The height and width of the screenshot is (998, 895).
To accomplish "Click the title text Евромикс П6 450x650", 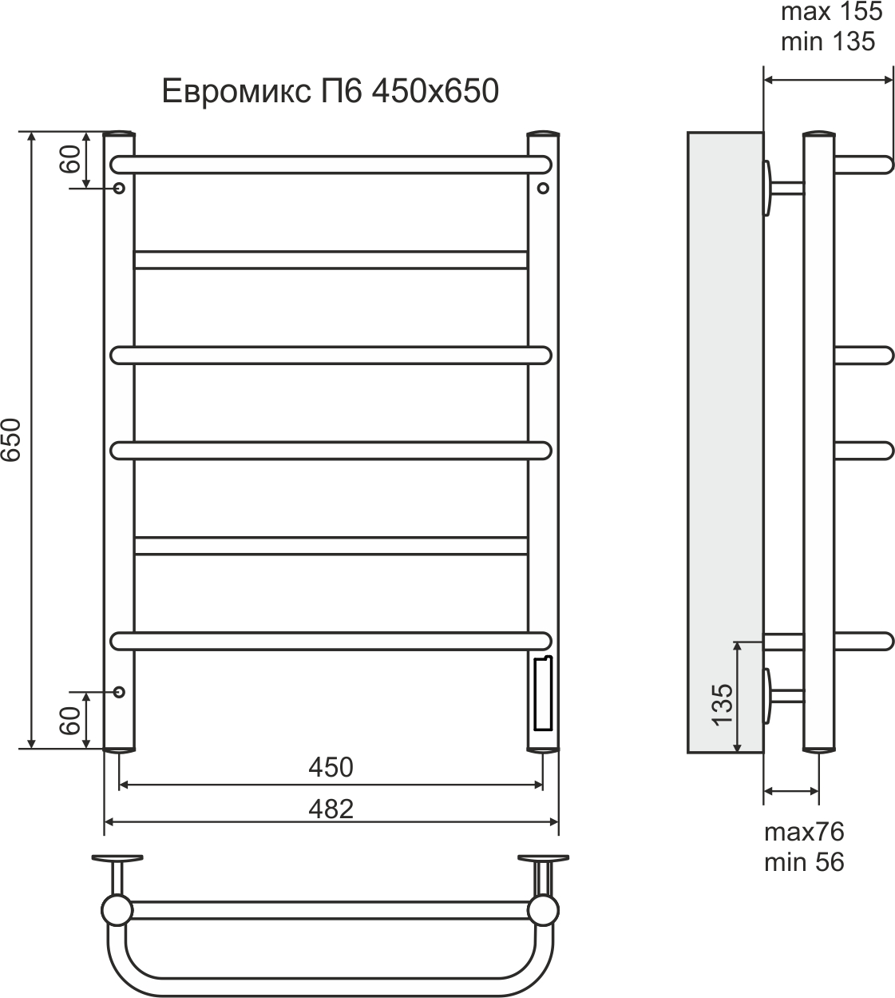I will [x=331, y=91].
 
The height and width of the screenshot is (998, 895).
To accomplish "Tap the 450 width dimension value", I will [x=331, y=767].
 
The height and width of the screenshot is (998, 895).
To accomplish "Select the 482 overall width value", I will [x=331, y=809].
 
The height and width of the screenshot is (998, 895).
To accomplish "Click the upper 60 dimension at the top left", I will [x=70, y=161].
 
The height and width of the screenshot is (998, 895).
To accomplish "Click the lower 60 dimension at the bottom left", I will [x=70, y=721].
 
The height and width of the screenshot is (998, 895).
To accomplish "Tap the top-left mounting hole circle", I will [x=119, y=189].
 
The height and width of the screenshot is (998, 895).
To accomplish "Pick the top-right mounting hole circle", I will [x=543, y=189].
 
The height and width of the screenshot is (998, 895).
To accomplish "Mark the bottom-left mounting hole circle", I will [x=119, y=691].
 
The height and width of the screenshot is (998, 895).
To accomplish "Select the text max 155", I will [x=831, y=13].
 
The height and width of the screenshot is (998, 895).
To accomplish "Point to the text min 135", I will [x=828, y=42].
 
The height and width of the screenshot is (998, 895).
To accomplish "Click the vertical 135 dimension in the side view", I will [x=722, y=704].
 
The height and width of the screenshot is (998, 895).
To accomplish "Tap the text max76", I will [x=804, y=832].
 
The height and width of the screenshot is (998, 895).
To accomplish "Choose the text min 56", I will [x=804, y=862].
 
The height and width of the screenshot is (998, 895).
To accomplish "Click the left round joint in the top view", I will [x=117, y=910].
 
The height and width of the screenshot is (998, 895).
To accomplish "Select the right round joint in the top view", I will [x=545, y=910].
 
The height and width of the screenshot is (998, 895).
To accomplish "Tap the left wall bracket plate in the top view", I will [x=117, y=860].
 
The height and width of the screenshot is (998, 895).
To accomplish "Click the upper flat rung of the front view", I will [x=331, y=260].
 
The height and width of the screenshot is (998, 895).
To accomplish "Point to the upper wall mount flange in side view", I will [x=768, y=188].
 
